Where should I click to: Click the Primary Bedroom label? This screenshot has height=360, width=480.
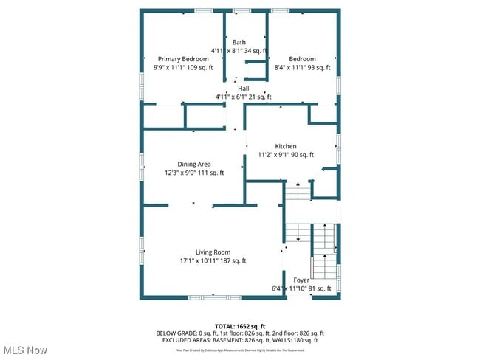pyautogui.click(x=182, y=59)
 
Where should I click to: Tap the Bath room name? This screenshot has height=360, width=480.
pyautogui.click(x=239, y=42)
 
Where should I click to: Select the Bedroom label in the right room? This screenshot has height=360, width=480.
pyautogui.click(x=302, y=59)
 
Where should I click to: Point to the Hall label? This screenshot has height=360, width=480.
pyautogui.click(x=243, y=89)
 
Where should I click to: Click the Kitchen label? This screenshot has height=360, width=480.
pyautogui.click(x=286, y=146)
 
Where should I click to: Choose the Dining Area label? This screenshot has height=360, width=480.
pyautogui.click(x=194, y=164)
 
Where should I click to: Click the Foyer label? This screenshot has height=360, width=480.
pyautogui.click(x=301, y=280)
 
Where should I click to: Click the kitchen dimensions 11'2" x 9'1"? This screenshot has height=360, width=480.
pyautogui.click(x=286, y=155)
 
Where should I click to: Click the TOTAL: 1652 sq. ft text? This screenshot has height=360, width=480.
pyautogui.click(x=239, y=325)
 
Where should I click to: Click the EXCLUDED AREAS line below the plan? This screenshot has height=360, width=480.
pyautogui.click(x=239, y=340)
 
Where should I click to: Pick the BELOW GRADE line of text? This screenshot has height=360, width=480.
pyautogui.click(x=239, y=333)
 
